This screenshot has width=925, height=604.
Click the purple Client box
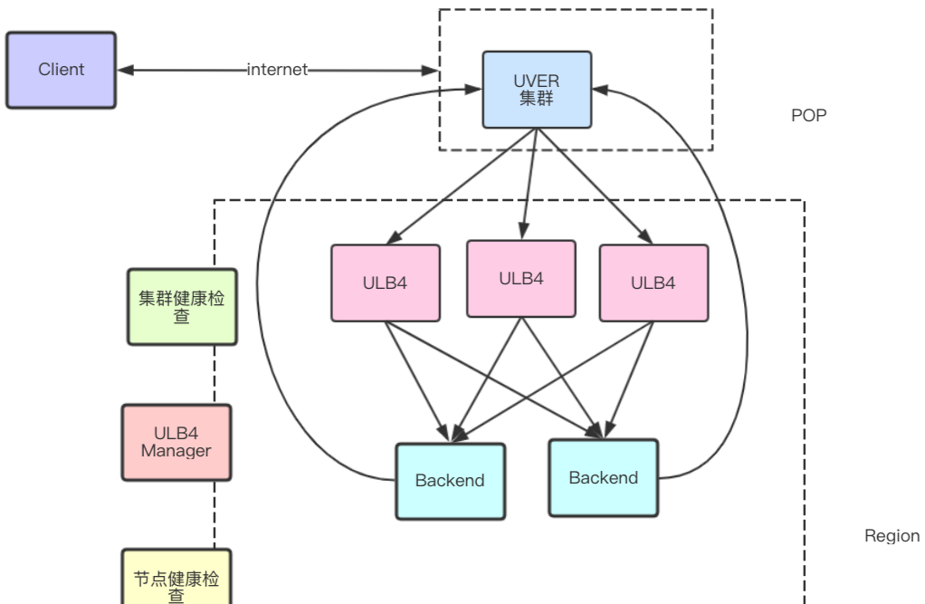coord(61,70)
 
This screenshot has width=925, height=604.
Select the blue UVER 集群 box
coord(537,89)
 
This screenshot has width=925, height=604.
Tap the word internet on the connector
coord(277,70)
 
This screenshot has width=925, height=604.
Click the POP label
coord(808,116)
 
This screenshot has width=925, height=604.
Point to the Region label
coord(892,536)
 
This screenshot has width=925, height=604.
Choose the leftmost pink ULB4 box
coord(386,283)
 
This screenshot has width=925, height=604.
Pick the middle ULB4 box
coord(521,278)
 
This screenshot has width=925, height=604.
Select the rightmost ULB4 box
coord(653,283)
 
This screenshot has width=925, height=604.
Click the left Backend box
coord(450,481)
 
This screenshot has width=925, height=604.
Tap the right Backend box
coord(604,477)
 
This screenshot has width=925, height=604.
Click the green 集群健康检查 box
coord(182,306)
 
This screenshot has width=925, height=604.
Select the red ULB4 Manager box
coord(176,442)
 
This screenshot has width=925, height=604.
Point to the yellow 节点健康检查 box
coord(176,580)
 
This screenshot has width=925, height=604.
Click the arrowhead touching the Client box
coord(126,70)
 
